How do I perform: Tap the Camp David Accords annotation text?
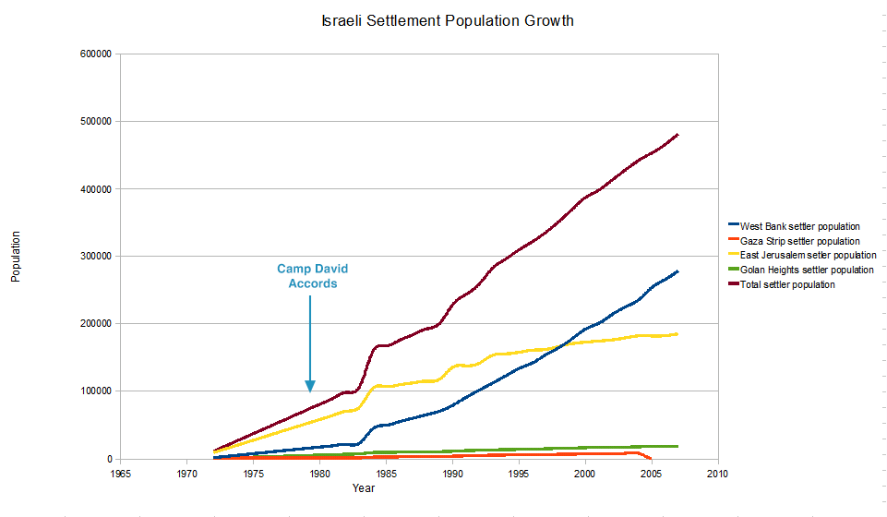[x=313, y=276]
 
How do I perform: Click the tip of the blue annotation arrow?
[x=310, y=391]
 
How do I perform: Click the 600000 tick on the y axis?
[x=95, y=54]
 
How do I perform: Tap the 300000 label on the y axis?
[x=95, y=257]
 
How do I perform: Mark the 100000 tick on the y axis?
[x=95, y=391]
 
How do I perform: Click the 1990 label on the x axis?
[x=452, y=474]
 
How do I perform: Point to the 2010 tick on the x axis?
[x=717, y=474]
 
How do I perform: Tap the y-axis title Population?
[x=16, y=257]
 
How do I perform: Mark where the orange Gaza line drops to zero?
[x=652, y=459]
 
